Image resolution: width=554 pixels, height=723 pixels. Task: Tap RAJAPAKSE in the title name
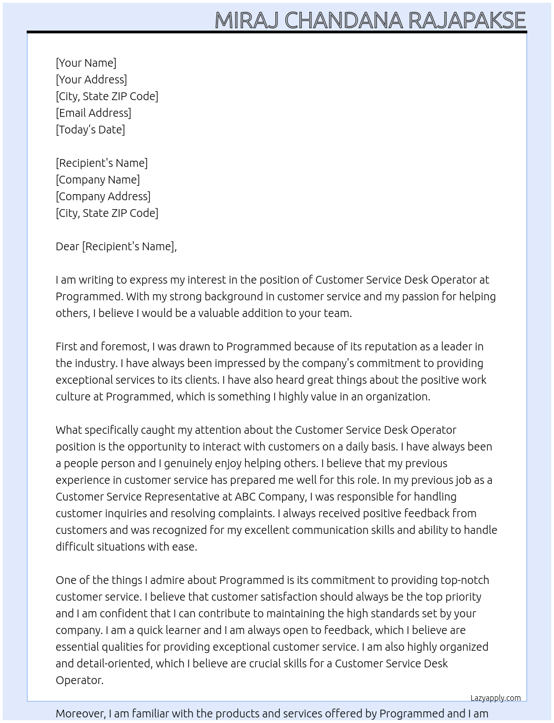tap(467, 21)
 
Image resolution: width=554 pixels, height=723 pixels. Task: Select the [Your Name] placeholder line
tap(86, 63)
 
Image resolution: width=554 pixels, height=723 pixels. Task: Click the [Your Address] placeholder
tap(91, 80)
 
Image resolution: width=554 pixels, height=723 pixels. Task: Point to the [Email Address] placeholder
tap(93, 113)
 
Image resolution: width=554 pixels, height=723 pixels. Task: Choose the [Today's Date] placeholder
tap(90, 130)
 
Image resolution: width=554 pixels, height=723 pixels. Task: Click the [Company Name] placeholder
tap(98, 180)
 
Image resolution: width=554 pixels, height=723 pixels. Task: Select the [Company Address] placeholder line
tap(103, 196)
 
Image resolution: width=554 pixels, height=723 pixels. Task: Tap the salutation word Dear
tap(67, 246)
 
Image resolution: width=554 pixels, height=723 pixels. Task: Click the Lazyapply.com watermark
tap(496, 698)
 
